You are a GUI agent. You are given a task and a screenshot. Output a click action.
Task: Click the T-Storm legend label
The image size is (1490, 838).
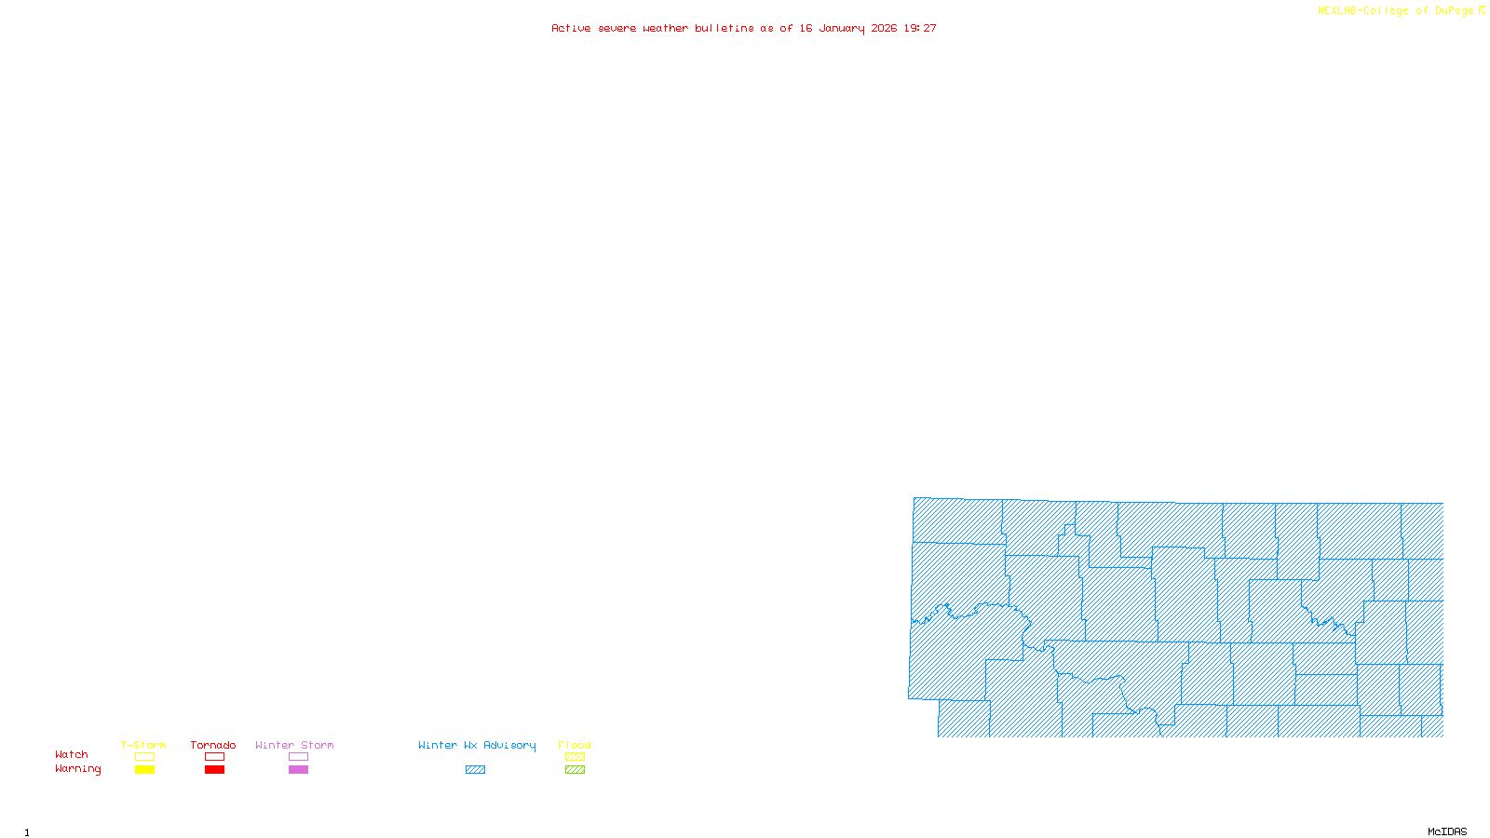tap(143, 745)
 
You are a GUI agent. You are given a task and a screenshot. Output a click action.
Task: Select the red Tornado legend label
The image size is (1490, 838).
tap(213, 745)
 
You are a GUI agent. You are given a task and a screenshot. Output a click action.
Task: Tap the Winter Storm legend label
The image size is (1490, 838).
tap(294, 745)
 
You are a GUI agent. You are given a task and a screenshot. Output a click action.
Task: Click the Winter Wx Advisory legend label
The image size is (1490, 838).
tap(477, 745)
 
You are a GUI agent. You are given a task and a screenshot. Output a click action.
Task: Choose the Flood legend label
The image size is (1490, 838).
tap(575, 745)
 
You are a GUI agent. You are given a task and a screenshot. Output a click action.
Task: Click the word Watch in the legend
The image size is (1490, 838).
tap(72, 754)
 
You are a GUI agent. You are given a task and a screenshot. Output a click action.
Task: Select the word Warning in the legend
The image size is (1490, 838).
tap(77, 769)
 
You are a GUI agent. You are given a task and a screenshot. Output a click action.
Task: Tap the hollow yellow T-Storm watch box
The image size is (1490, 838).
tap(144, 757)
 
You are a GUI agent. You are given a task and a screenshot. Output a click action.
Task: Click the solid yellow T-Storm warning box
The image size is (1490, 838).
tap(144, 770)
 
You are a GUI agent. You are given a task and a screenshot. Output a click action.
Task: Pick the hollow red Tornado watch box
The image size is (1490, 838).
tap(214, 757)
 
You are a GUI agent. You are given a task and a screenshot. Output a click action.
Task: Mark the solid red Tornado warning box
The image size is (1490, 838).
tap(214, 770)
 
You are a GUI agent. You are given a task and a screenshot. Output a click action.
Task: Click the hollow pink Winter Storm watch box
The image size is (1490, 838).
tap(298, 757)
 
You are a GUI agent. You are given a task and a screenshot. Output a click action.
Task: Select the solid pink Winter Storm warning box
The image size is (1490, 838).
tap(298, 770)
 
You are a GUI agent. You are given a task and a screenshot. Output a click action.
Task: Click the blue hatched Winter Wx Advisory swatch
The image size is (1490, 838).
tap(475, 770)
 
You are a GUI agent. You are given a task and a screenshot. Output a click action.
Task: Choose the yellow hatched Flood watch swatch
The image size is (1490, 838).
tap(575, 757)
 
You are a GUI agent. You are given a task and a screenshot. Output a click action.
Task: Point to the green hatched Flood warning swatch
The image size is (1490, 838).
tap(575, 770)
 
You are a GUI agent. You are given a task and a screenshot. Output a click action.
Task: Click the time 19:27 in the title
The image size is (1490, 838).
tap(920, 28)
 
